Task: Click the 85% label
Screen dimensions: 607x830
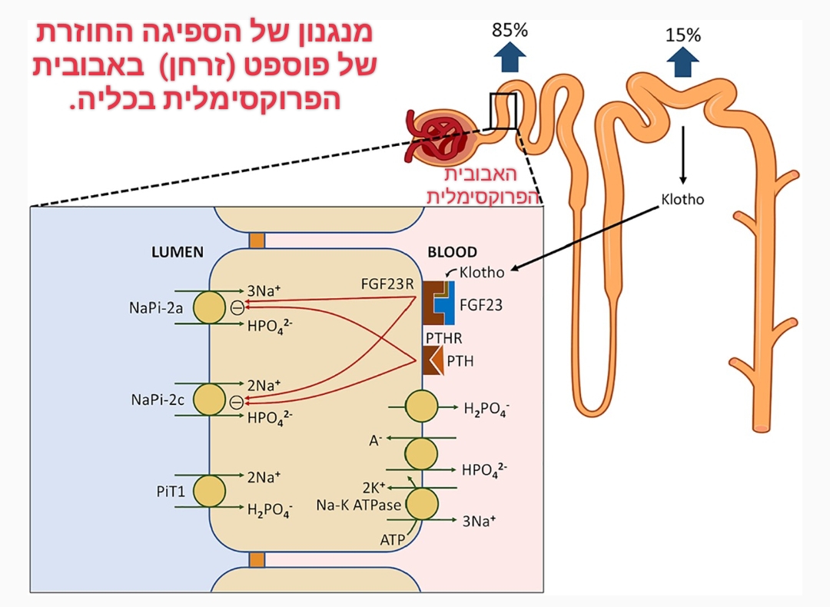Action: click(510, 31)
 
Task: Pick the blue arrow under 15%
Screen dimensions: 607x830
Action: click(682, 63)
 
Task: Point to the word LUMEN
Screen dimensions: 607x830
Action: click(178, 252)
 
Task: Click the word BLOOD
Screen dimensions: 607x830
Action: click(452, 252)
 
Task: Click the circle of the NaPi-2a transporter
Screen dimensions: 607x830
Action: click(209, 307)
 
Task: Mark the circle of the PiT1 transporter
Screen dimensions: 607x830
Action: click(209, 490)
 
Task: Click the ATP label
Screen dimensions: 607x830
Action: click(392, 540)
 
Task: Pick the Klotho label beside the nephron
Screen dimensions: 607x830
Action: click(682, 199)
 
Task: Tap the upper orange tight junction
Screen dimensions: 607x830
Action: click(257, 240)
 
